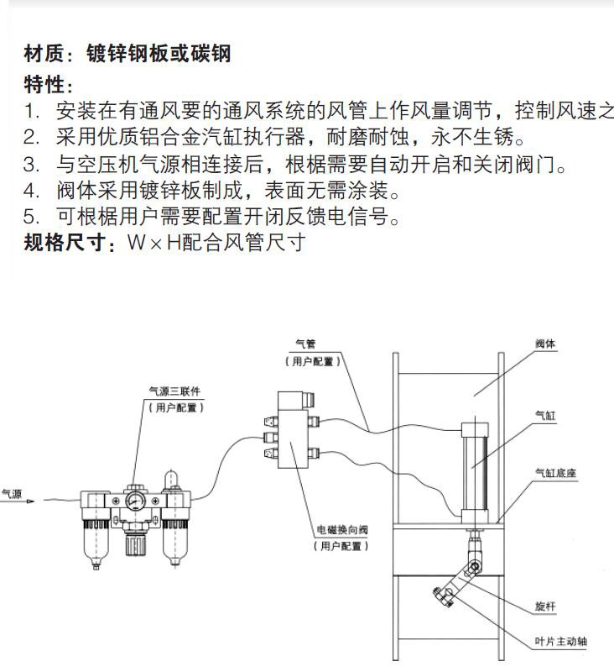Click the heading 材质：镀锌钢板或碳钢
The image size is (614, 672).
pyautogui.click(x=127, y=55)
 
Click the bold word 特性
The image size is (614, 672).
pyautogui.click(x=44, y=85)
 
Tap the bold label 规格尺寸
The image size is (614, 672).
pyautogui.click(x=66, y=244)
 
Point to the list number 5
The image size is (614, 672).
pyautogui.click(x=32, y=217)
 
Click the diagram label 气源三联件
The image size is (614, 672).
pyautogui.click(x=175, y=391)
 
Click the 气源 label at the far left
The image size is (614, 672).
pyautogui.click(x=13, y=495)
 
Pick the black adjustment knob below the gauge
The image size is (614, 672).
pyautogui.click(x=134, y=546)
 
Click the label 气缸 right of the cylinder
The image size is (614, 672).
pyautogui.click(x=545, y=414)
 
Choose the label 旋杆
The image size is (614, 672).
pyautogui.click(x=545, y=606)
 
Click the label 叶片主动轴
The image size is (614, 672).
pyautogui.click(x=560, y=642)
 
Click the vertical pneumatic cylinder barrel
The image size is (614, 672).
pyautogui.click(x=476, y=466)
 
